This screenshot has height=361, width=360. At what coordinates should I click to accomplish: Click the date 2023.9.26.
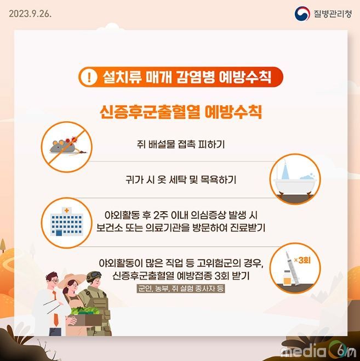pos(30,14)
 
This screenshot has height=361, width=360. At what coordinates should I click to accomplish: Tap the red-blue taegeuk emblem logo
pos(302,13)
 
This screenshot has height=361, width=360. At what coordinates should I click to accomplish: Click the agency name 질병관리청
pos(333,14)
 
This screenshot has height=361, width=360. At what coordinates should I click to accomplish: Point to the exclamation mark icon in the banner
pos(89,77)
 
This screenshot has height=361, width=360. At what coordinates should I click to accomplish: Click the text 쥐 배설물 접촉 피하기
pos(180,144)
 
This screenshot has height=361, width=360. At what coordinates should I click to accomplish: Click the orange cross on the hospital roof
pos(67,211)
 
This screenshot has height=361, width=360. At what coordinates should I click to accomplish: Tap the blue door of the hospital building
pos(59,233)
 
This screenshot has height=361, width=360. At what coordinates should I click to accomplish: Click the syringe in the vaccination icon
pos(292,268)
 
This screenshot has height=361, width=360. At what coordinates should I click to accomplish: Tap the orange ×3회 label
pos(302,260)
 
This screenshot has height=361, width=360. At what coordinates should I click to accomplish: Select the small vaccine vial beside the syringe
pos(287,278)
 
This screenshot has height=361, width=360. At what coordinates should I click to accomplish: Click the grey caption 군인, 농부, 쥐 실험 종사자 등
pos(180,288)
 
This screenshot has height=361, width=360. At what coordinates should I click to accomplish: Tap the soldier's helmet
pos(94,276)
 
